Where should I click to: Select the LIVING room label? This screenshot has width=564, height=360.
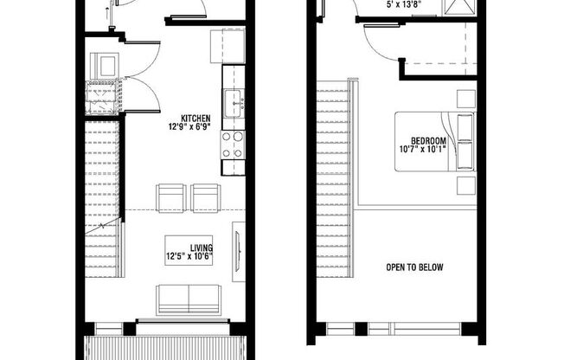[x=190, y=247]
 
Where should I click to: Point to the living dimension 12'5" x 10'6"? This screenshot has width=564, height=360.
[x=190, y=256]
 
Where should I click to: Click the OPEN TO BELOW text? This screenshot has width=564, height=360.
[x=414, y=267]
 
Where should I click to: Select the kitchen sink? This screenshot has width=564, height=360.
[x=234, y=104]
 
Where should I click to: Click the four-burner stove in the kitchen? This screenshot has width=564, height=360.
[x=233, y=145]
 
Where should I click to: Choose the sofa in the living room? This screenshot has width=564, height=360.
[x=189, y=299]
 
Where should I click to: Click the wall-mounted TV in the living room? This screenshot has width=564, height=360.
[x=238, y=250]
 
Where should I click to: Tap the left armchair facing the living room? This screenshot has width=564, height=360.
[x=171, y=198]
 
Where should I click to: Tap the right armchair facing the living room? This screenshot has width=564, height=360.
[x=206, y=198]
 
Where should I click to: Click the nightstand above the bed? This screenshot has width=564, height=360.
[x=466, y=99]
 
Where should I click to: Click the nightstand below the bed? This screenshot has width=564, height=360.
[x=466, y=186]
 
